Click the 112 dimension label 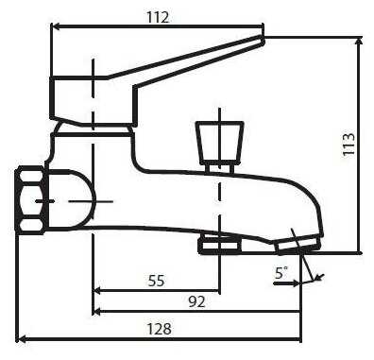[x=158, y=17]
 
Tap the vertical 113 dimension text [x=348, y=145]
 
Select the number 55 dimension [x=157, y=281]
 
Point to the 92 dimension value [x=196, y=301]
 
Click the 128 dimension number [x=160, y=329]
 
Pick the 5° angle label [x=281, y=273]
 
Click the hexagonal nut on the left [x=30, y=200]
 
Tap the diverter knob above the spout [x=220, y=144]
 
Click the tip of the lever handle [x=263, y=39]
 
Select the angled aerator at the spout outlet [x=298, y=246]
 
